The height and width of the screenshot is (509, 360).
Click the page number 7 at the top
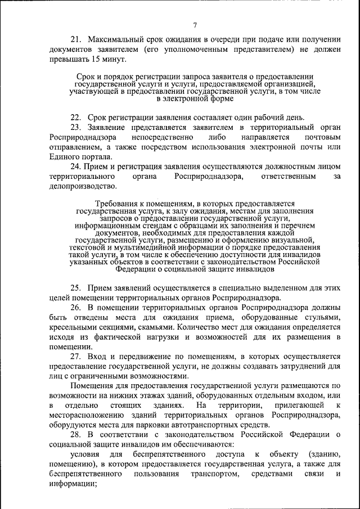[x=195, y=25]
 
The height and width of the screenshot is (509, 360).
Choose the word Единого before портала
[x=65, y=157]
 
